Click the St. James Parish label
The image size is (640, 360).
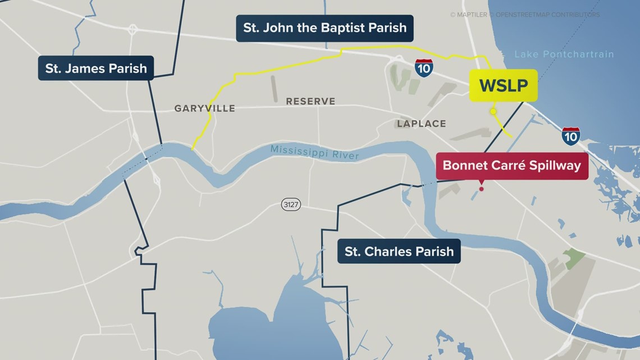pyautogui.click(x=96, y=69)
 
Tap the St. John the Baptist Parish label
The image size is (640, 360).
pyautogui.click(x=324, y=28)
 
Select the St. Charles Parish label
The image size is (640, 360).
pyautogui.click(x=399, y=251)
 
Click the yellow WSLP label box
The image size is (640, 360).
pyautogui.click(x=503, y=85)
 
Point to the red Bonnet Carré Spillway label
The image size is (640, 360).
pyautogui.click(x=512, y=166)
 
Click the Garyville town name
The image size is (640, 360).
pyautogui.click(x=204, y=108)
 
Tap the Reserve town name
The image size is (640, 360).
pyautogui.click(x=310, y=101)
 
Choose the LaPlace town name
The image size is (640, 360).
pyautogui.click(x=421, y=124)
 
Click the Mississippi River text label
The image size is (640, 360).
pyautogui.click(x=314, y=152)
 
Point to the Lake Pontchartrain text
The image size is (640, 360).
pyautogui.click(x=564, y=54)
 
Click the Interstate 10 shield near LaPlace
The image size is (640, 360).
pyautogui.click(x=424, y=67)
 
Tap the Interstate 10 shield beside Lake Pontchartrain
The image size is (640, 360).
pyautogui.click(x=570, y=136)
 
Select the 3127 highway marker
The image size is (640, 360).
pyautogui.click(x=291, y=205)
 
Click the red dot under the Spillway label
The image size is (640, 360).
pyautogui.click(x=481, y=189)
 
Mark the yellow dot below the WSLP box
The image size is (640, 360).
pyautogui.click(x=493, y=112)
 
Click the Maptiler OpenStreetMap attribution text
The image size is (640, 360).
pyautogui.click(x=524, y=15)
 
